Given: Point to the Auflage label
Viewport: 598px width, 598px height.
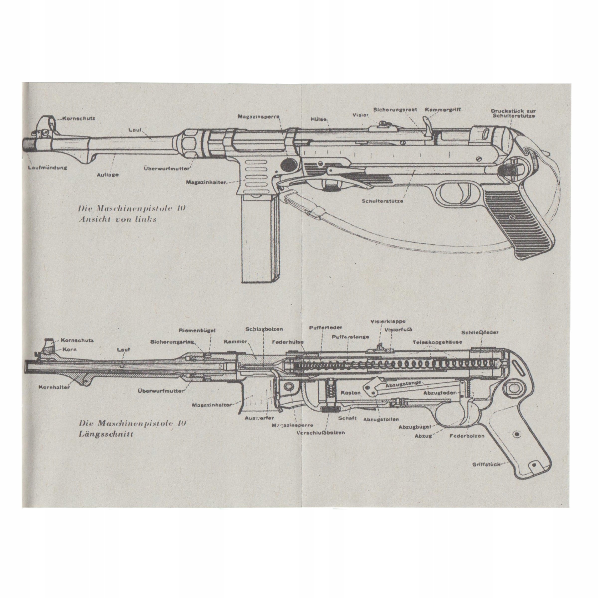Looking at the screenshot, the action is (108, 175).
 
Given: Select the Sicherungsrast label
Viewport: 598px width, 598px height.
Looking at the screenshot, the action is (395, 110).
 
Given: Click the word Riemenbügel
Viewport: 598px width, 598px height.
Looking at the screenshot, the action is (197, 331).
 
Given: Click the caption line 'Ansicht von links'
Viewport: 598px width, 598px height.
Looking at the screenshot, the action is (117, 220).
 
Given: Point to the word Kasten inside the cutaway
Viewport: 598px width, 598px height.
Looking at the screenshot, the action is (351, 393).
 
